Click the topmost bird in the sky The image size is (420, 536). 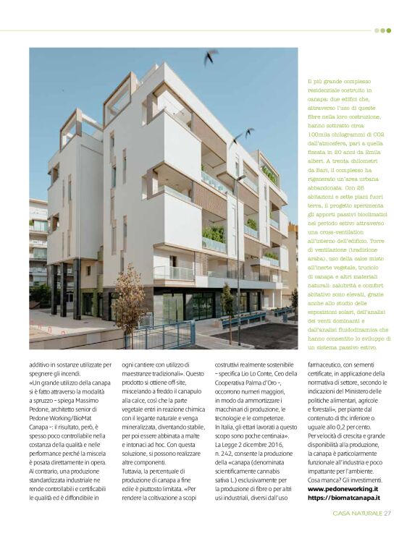click(211, 56)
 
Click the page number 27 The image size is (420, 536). click(388, 514)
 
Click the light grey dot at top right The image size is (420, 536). click(377, 30)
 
